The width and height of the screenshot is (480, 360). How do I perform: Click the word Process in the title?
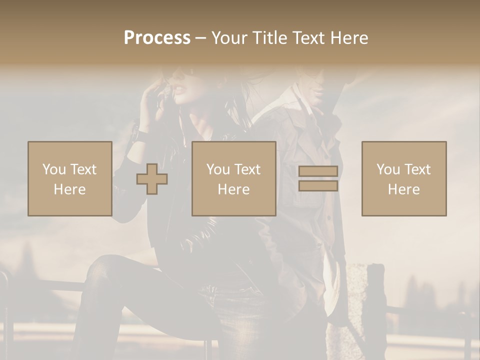[157, 38]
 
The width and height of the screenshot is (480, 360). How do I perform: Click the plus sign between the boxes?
[152, 179]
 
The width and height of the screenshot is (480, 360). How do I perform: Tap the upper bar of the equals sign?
[318, 171]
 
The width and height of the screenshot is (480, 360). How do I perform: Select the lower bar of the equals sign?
[318, 186]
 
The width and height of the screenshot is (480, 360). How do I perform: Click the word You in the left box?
[53, 169]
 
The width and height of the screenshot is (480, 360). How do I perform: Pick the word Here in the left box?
[69, 189]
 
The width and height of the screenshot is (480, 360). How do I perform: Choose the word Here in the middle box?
[233, 189]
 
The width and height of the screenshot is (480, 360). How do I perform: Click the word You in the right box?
[387, 169]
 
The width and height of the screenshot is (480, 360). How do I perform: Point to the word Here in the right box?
[403, 189]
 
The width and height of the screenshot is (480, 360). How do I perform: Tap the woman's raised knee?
[102, 265]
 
